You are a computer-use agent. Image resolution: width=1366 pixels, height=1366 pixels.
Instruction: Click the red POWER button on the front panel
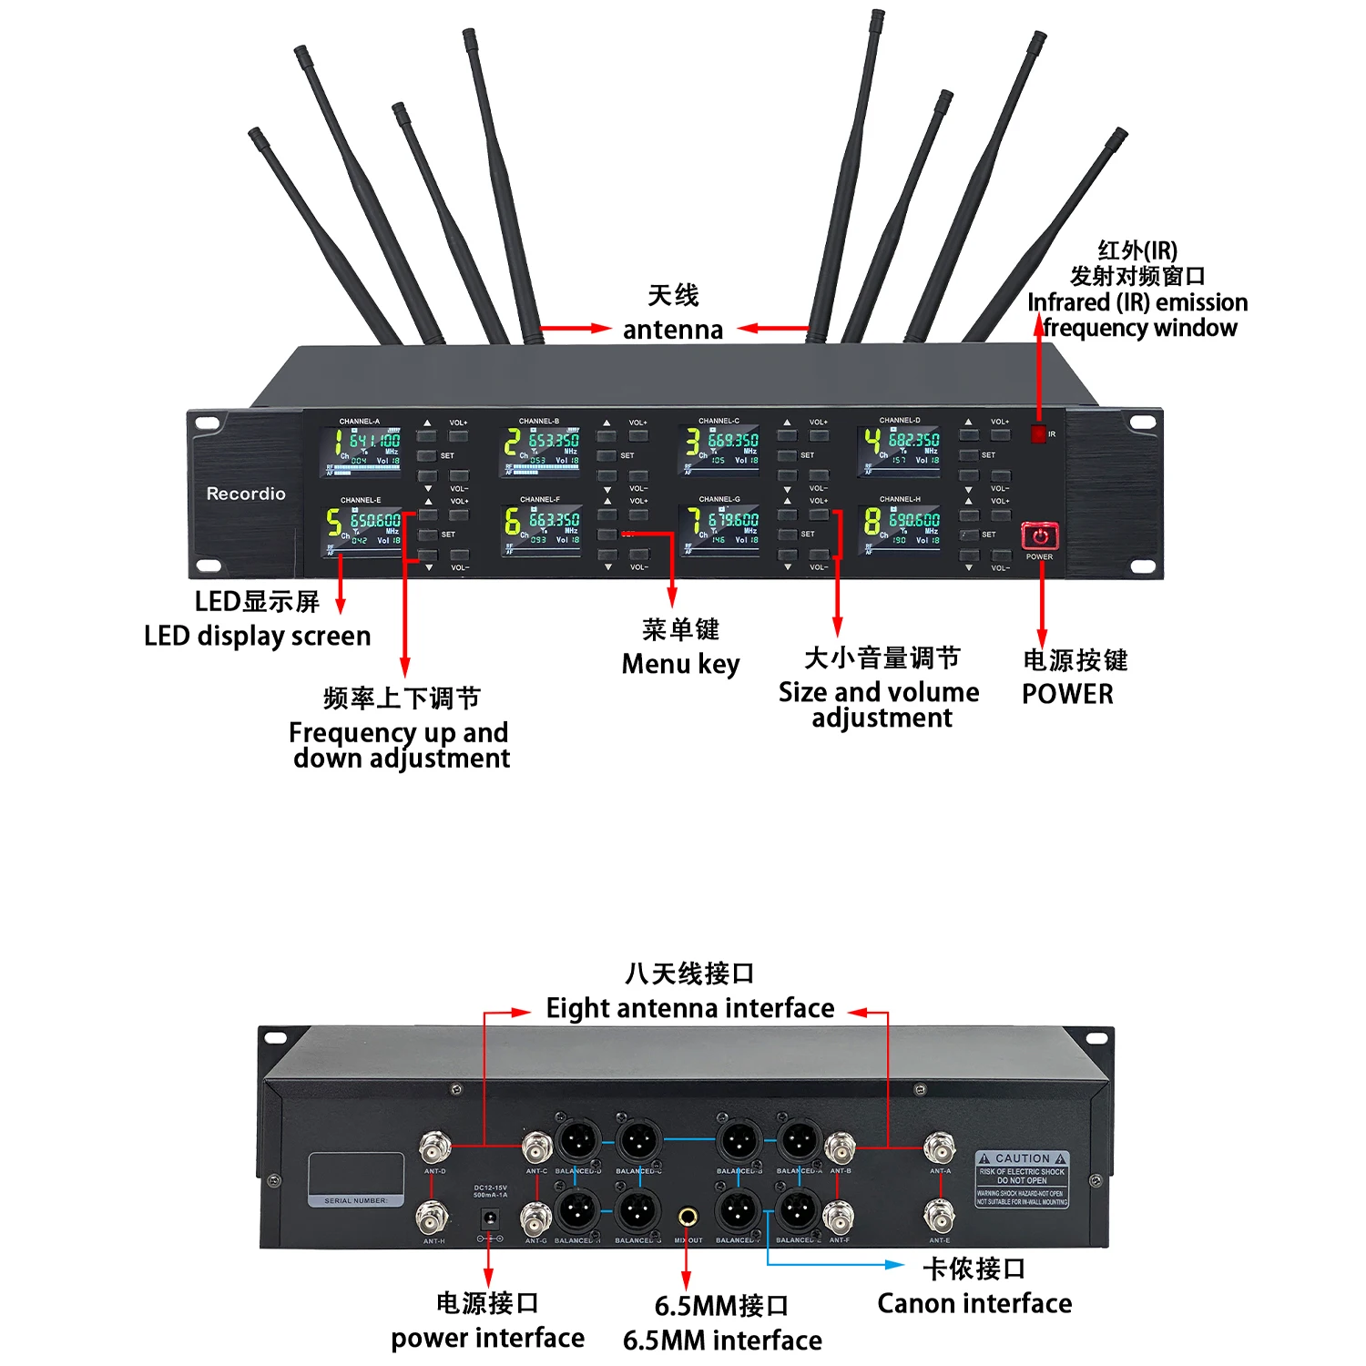coord(1039,535)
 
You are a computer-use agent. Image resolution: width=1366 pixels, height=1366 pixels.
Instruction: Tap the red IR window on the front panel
coord(1038,433)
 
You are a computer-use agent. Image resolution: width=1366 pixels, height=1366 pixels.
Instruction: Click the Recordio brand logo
coord(246,494)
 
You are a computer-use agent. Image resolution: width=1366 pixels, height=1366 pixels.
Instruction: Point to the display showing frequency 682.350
coord(901,451)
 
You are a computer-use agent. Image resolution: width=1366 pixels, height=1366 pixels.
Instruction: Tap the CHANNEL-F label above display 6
coord(540,499)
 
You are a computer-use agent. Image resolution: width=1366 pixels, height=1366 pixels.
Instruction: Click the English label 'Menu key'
coord(680,664)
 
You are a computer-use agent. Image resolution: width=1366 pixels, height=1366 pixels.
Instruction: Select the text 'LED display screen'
coord(258,636)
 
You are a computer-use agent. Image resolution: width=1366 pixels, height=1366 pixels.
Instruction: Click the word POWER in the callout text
coord(1067,694)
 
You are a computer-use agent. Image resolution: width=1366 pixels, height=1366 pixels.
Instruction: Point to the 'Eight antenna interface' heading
coord(689,1008)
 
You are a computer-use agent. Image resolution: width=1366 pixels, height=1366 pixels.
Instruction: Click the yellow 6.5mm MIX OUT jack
coord(688,1216)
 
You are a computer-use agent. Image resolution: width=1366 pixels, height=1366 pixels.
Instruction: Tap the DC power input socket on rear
coord(490,1217)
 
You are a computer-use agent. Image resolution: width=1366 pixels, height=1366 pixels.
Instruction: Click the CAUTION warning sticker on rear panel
coord(1022,1178)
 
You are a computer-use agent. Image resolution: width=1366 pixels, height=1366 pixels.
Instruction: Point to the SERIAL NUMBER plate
coord(356,1180)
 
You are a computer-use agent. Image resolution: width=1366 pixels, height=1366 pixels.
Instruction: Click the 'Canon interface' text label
coord(974,1303)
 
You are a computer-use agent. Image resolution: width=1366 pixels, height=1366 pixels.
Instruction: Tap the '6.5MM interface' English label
coord(722,1341)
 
